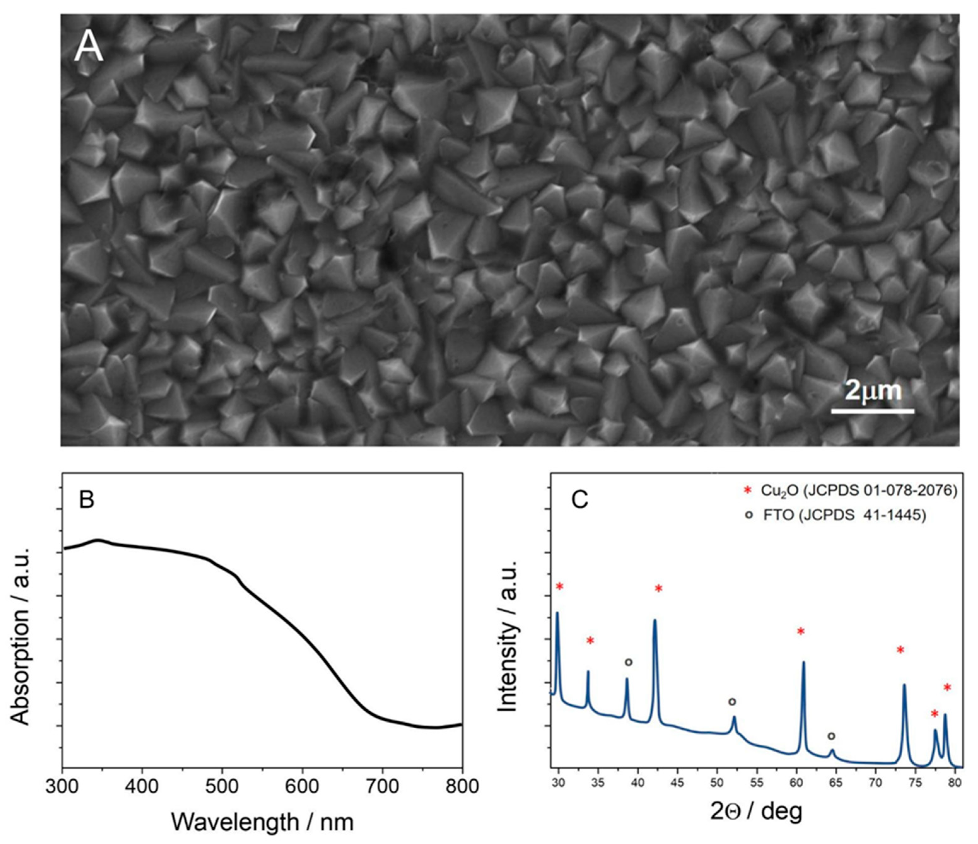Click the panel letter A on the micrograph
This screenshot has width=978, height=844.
pos(88,48)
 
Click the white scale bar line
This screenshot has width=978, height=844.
pos(873,411)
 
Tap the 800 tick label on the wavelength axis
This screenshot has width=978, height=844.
pos(462,786)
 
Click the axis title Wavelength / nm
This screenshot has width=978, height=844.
pos(262,822)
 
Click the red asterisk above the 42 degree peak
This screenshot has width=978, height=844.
pos(659,589)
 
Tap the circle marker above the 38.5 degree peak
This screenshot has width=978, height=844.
pos(628,662)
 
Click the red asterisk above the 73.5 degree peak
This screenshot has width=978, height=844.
pos(900,650)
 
